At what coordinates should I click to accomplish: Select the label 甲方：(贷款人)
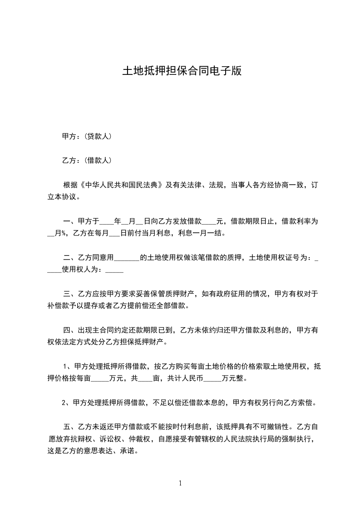(87, 136)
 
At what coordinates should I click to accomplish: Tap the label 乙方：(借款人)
(87, 160)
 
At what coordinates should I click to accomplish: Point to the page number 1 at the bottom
(180, 483)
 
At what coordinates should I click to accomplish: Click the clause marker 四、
(70, 330)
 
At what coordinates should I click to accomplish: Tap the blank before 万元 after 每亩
(103, 378)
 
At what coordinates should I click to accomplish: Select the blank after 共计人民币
(213, 378)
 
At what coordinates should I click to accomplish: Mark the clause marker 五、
(70, 427)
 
